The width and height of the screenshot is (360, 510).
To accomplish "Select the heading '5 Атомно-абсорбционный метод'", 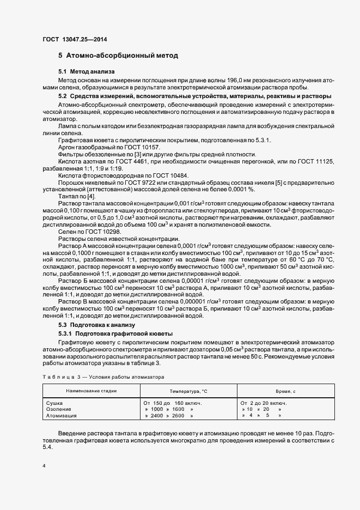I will tap(118, 56).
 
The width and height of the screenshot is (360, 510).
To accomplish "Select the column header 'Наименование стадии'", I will tap(91, 391).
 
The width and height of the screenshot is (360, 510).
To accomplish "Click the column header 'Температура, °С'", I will tap(189, 391).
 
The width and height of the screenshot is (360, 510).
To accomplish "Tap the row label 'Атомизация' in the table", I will tap(62, 415).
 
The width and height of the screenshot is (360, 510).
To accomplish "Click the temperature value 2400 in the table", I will tap(157, 415).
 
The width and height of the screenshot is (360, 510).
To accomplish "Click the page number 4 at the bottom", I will tap(44, 466).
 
